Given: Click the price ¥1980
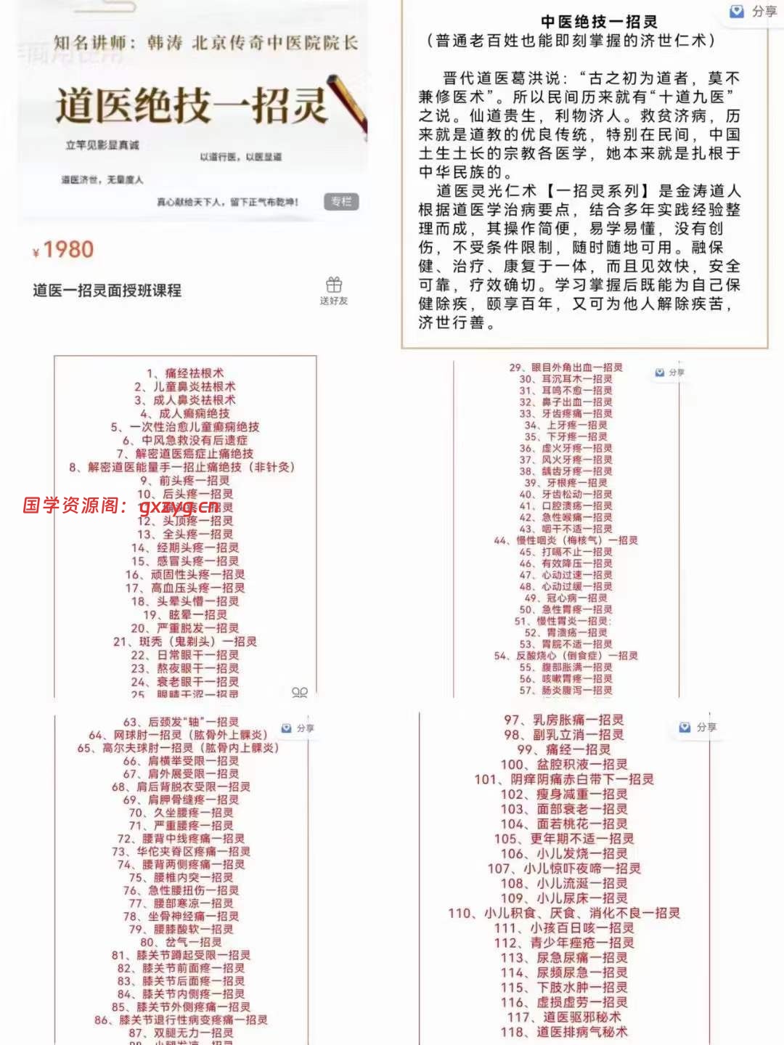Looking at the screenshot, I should pyautogui.click(x=64, y=250).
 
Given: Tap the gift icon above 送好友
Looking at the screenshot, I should pyautogui.click(x=334, y=284).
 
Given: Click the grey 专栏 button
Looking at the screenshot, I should pyautogui.click(x=340, y=201).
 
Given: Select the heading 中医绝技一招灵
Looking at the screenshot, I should pyautogui.click(x=599, y=22).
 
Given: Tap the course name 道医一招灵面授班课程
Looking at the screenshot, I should pyautogui.click(x=107, y=290).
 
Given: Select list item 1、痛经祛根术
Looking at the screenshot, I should pyautogui.click(x=185, y=373).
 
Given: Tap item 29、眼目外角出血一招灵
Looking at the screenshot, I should pyautogui.click(x=565, y=367).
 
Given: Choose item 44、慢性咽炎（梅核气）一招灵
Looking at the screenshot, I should pyautogui.click(x=565, y=540).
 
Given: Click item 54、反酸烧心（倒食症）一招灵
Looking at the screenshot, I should pyautogui.click(x=565, y=655).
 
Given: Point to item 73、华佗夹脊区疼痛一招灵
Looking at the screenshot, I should pyautogui.click(x=181, y=851).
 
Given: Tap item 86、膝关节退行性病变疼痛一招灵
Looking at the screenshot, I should pyautogui.click(x=181, y=1020).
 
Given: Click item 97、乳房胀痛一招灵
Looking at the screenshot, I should pyautogui.click(x=563, y=720).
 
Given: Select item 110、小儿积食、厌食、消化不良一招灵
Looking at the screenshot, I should pyautogui.click(x=563, y=913).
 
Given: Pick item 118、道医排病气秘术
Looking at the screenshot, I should pyautogui.click(x=563, y=1032).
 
